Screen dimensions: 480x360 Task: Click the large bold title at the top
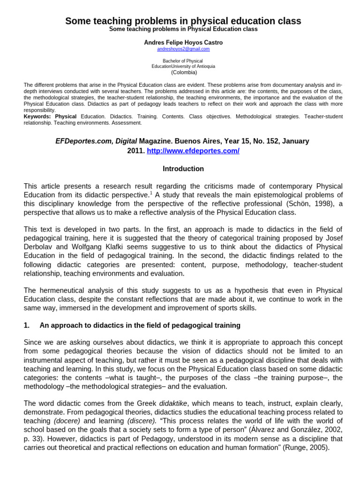coord(183,21)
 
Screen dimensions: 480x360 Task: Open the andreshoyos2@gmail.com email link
coord(183,49)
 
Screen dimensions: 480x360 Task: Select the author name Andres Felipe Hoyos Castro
coord(183,42)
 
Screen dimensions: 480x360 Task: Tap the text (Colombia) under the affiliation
coord(184,72)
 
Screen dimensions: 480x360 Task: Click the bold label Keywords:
coord(38,116)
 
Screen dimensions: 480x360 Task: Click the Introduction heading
coord(183,168)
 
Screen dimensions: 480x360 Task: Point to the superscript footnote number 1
coord(151,193)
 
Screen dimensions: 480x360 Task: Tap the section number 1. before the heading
coord(27,325)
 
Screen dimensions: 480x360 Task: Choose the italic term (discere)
coord(142,421)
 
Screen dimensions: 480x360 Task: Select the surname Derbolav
coord(41,247)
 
